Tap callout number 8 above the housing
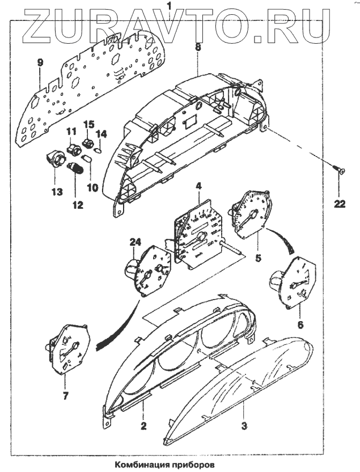[198, 48]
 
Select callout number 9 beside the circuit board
[40, 62]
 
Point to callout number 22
[339, 205]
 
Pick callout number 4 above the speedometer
[198, 185]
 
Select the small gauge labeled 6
[295, 281]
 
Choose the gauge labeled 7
[65, 352]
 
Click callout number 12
[77, 204]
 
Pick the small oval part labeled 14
[97, 150]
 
